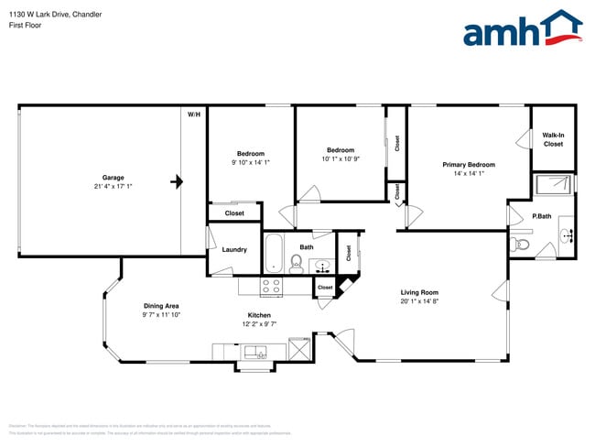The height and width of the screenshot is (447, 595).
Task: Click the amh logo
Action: click(522, 29)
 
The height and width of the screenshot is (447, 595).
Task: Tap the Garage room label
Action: click(113, 178)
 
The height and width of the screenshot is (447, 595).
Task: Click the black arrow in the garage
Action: click(177, 182)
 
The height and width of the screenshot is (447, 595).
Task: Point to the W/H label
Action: click(193, 114)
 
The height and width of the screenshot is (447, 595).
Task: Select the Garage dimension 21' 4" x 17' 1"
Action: click(113, 187)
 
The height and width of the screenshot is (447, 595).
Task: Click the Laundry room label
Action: click(234, 249)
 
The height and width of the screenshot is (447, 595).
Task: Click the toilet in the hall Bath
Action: click(297, 264)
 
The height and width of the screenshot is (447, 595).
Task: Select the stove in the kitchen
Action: click(271, 287)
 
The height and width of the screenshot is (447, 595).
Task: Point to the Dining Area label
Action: click(160, 306)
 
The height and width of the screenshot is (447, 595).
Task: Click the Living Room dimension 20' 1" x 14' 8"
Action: click(418, 301)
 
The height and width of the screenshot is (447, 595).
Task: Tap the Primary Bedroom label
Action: click(468, 165)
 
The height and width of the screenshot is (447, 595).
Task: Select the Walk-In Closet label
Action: click(553, 139)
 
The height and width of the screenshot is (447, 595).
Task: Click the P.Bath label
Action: click(541, 216)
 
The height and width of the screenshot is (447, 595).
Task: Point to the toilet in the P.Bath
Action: click(522, 244)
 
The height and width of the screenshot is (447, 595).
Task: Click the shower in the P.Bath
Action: click(552, 184)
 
